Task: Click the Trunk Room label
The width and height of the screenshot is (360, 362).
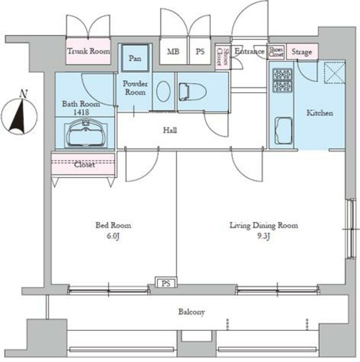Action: click(x=89, y=51)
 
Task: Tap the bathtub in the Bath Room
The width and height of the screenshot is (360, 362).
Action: click(x=86, y=133)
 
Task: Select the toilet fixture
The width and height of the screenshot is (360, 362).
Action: click(x=193, y=92)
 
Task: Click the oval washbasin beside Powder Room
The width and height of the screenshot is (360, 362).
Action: click(x=163, y=91)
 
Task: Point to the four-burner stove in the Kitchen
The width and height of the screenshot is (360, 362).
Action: click(x=282, y=80)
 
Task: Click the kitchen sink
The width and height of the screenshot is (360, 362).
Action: click(x=284, y=131)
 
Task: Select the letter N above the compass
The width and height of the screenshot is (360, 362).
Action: click(x=23, y=93)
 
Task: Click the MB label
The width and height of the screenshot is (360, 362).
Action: click(x=173, y=51)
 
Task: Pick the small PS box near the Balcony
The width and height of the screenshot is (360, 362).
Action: click(x=166, y=283)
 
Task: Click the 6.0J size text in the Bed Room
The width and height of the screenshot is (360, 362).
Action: click(x=113, y=236)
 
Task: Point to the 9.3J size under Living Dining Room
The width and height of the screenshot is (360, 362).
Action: click(x=263, y=236)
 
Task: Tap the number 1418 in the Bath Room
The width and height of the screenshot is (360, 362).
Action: click(x=81, y=112)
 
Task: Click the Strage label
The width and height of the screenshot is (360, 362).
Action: click(x=302, y=51)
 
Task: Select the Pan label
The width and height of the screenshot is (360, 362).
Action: click(x=135, y=58)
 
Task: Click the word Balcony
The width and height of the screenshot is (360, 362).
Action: click(x=192, y=312)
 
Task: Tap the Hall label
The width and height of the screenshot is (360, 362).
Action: click(x=170, y=131)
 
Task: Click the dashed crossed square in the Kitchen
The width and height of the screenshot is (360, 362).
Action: click(x=335, y=72)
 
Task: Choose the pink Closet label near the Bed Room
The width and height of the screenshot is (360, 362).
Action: click(x=84, y=165)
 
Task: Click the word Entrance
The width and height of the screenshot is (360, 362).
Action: click(x=249, y=51)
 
